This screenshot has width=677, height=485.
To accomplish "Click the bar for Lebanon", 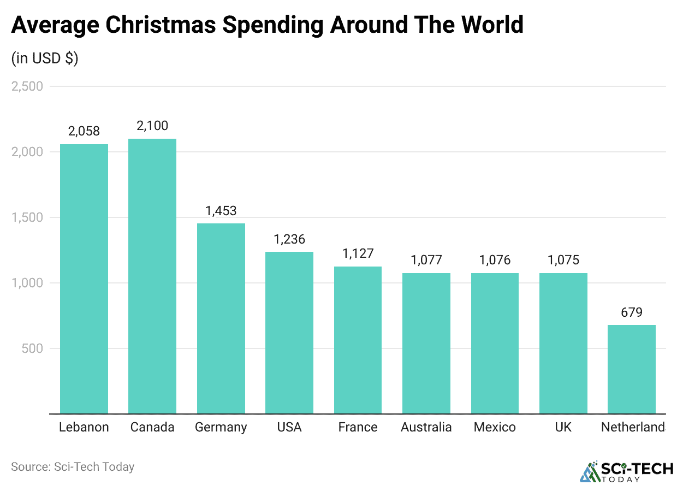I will tap(84, 279).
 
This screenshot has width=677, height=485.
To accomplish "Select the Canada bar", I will tap(152, 276).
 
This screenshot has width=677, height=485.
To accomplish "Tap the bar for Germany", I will tap(221, 318).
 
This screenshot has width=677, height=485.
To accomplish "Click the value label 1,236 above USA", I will tap(289, 239).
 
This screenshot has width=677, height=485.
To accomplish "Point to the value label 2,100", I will tap(152, 126).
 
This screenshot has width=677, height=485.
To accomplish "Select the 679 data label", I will tap(632, 312).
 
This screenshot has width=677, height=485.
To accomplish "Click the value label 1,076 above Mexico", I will tap(495, 260).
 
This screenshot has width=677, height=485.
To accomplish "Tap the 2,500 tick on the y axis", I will tap(27, 86).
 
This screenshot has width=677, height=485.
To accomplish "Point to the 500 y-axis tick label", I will tap(32, 348).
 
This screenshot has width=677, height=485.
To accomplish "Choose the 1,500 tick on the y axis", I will tap(27, 217).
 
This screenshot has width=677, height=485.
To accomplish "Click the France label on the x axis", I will tap(358, 427).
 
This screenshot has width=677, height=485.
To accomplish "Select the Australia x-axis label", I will tap(426, 427).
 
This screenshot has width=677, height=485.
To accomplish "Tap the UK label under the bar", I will tap(563, 427).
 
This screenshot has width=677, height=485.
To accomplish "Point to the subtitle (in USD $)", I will tap(45, 58).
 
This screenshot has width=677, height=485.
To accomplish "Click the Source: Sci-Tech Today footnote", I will tap(73, 467).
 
